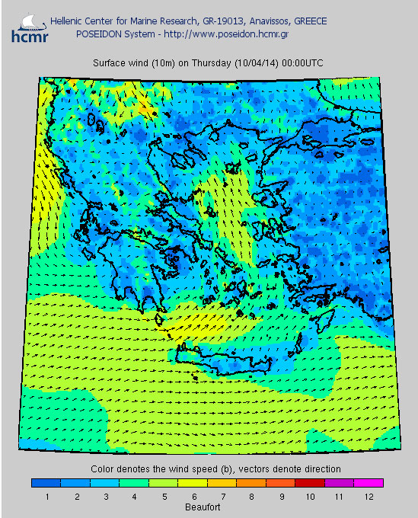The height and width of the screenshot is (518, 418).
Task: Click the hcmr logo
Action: click(x=29, y=26)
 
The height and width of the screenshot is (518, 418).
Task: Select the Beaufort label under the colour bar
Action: click(x=206, y=506)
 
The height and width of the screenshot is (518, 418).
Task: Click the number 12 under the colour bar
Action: click(x=368, y=497)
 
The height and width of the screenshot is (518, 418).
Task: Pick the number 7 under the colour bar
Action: click(x=222, y=497)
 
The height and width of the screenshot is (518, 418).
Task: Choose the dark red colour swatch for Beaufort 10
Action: click(x=310, y=482)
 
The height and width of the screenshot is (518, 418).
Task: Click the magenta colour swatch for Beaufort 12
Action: click(x=369, y=482)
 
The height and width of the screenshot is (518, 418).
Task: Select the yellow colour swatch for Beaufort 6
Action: click(x=193, y=482)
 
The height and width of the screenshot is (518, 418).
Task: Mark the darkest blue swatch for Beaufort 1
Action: click(x=46, y=482)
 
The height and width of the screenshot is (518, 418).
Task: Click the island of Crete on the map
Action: click(x=221, y=354)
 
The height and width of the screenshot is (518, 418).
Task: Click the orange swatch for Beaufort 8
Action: click(x=251, y=482)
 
